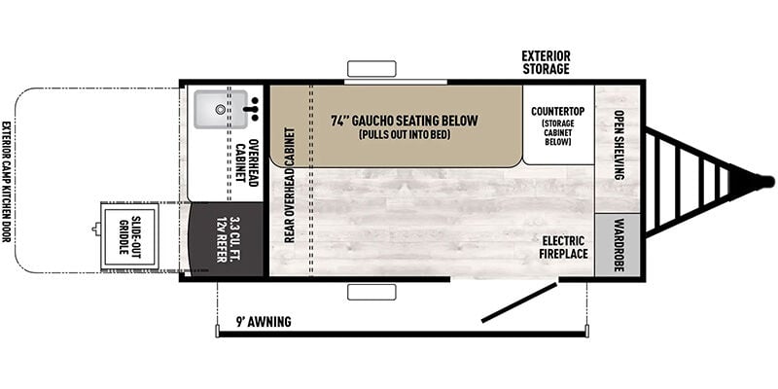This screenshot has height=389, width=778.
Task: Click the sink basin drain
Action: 220,110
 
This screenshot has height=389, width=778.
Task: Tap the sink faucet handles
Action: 254,109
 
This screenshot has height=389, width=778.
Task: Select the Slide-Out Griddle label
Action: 129,235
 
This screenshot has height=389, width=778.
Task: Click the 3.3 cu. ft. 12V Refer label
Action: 229,238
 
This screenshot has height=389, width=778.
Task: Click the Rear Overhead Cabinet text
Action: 289,185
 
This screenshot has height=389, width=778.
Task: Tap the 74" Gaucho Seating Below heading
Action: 405,121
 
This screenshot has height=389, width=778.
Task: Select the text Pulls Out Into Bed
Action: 405,134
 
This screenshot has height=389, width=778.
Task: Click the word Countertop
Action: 557,111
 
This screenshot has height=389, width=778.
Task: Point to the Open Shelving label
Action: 619,144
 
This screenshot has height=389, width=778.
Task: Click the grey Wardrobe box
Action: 618,245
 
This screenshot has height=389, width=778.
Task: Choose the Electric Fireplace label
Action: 565,247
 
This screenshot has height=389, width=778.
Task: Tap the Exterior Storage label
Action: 546,62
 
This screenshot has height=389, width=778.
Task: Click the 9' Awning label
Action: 264,322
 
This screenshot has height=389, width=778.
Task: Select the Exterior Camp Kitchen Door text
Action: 6,182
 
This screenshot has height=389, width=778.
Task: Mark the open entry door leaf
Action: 519,301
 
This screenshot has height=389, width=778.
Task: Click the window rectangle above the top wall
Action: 371,68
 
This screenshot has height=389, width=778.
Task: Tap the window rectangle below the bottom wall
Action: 371,293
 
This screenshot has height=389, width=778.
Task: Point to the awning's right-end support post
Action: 587,331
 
